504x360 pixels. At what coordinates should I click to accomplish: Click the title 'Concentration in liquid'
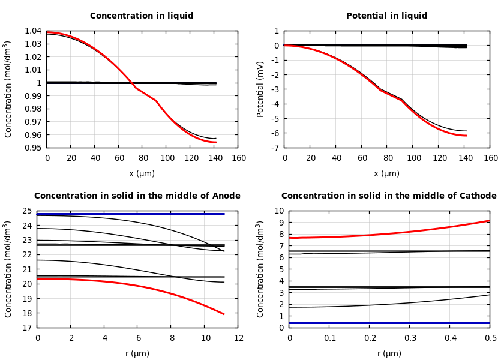(142, 16)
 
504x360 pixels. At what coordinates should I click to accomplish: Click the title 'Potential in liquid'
(387, 16)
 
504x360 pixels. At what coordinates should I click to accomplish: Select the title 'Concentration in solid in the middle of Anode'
(137, 196)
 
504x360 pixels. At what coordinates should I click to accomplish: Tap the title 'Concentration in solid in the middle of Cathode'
(389, 196)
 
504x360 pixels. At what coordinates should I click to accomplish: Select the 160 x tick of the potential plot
(490, 158)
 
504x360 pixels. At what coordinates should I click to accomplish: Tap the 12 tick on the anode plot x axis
(239, 338)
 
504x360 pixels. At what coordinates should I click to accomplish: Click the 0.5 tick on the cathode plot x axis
(490, 338)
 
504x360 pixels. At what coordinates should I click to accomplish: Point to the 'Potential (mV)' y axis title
(260, 89)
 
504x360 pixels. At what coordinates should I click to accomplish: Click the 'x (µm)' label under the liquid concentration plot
(142, 174)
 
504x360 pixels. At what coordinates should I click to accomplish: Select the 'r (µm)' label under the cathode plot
(389, 353)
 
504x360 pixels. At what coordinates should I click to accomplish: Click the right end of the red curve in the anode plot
(224, 314)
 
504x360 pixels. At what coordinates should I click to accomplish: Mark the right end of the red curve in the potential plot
(466, 136)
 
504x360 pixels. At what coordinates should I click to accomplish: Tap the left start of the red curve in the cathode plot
(290, 238)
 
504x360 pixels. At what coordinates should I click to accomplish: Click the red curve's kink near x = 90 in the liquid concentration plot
(156, 100)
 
